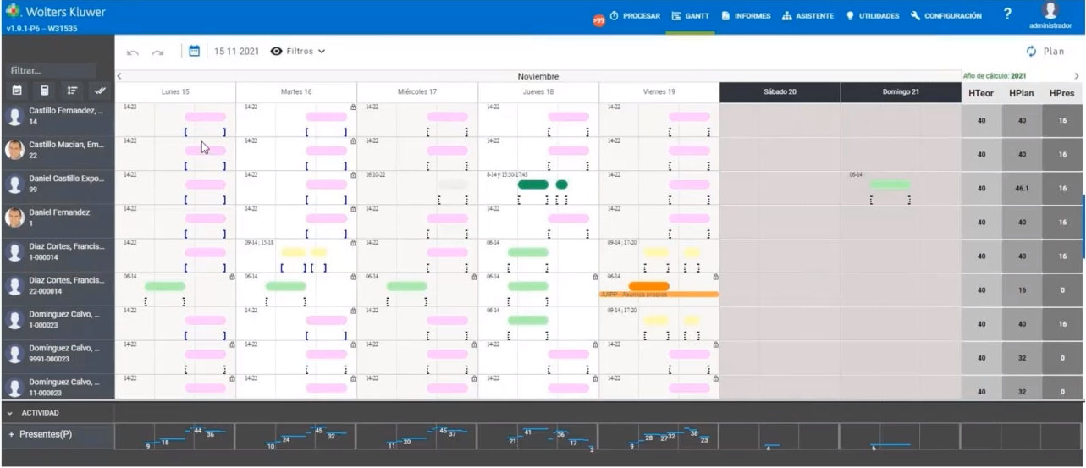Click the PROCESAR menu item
[634, 16]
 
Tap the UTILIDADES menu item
[873, 16]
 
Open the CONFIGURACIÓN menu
[946, 16]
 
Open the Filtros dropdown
[298, 52]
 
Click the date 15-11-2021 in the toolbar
[236, 52]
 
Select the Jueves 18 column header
[538, 91]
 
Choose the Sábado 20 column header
[780, 91]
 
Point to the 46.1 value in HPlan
[1022, 188]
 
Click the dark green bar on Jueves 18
[533, 184]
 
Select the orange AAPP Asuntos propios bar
[659, 295]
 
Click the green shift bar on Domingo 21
[890, 184]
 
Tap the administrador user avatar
[1050, 11]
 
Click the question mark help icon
[1007, 14]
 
